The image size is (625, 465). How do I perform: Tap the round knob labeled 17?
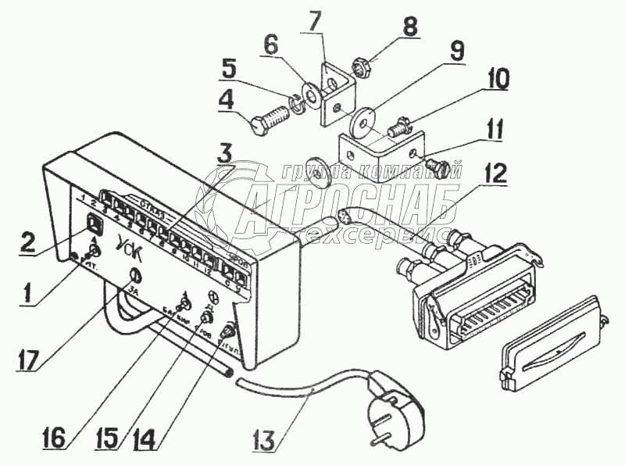[134, 274]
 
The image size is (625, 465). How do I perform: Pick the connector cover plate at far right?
[547, 342]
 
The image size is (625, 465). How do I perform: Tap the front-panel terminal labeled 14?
[230, 329]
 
